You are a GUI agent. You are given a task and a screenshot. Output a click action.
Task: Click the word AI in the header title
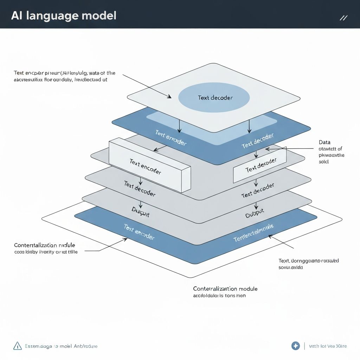pyautogui.click(x=17, y=16)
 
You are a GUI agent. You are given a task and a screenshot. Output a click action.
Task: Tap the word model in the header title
pyautogui.click(x=99, y=16)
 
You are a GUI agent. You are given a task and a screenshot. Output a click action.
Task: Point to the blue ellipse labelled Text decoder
pyautogui.click(x=214, y=97)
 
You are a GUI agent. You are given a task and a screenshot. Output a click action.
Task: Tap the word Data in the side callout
pyautogui.click(x=324, y=142)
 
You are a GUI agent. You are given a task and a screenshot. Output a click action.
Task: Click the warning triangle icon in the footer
pyautogui.click(x=17, y=346)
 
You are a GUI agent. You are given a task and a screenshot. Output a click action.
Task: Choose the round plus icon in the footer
pyautogui.click(x=296, y=346)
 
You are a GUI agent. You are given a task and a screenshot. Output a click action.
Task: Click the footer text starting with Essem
pyautogui.click(x=61, y=346)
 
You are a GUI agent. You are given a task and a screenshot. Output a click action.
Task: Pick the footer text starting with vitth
pyautogui.click(x=328, y=346)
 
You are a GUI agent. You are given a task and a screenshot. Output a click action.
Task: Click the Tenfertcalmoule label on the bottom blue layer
pyautogui.click(x=253, y=233)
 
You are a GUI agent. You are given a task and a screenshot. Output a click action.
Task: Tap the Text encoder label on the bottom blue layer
pyautogui.click(x=139, y=232)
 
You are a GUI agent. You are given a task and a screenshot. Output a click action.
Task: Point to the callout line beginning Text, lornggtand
pyautogui.click(x=308, y=261)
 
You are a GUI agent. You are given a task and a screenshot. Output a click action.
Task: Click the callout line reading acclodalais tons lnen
pyautogui.click(x=219, y=296)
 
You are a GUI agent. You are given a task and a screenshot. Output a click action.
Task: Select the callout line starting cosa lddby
pyautogui.click(x=46, y=252)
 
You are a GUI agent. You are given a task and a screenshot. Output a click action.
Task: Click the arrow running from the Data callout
pyautogui.click(x=288, y=149)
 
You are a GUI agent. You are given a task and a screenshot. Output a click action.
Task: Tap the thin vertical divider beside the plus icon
pyautogui.click(x=304, y=346)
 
